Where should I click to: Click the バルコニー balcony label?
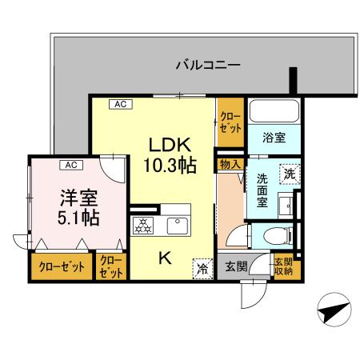click(x=207, y=65)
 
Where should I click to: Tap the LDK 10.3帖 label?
click(x=169, y=155)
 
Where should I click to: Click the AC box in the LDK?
click(x=118, y=103)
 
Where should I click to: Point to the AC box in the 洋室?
click(x=70, y=165)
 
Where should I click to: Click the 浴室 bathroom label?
click(x=274, y=136)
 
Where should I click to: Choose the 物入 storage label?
click(x=230, y=163)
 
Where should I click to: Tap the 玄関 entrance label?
click(x=236, y=266)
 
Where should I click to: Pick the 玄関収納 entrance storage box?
click(x=283, y=266)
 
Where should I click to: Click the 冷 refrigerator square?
click(x=203, y=269)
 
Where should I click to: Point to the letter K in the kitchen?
click(x=164, y=258)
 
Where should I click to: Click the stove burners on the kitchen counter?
click(x=145, y=226)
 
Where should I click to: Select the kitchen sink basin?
click(x=178, y=226)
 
